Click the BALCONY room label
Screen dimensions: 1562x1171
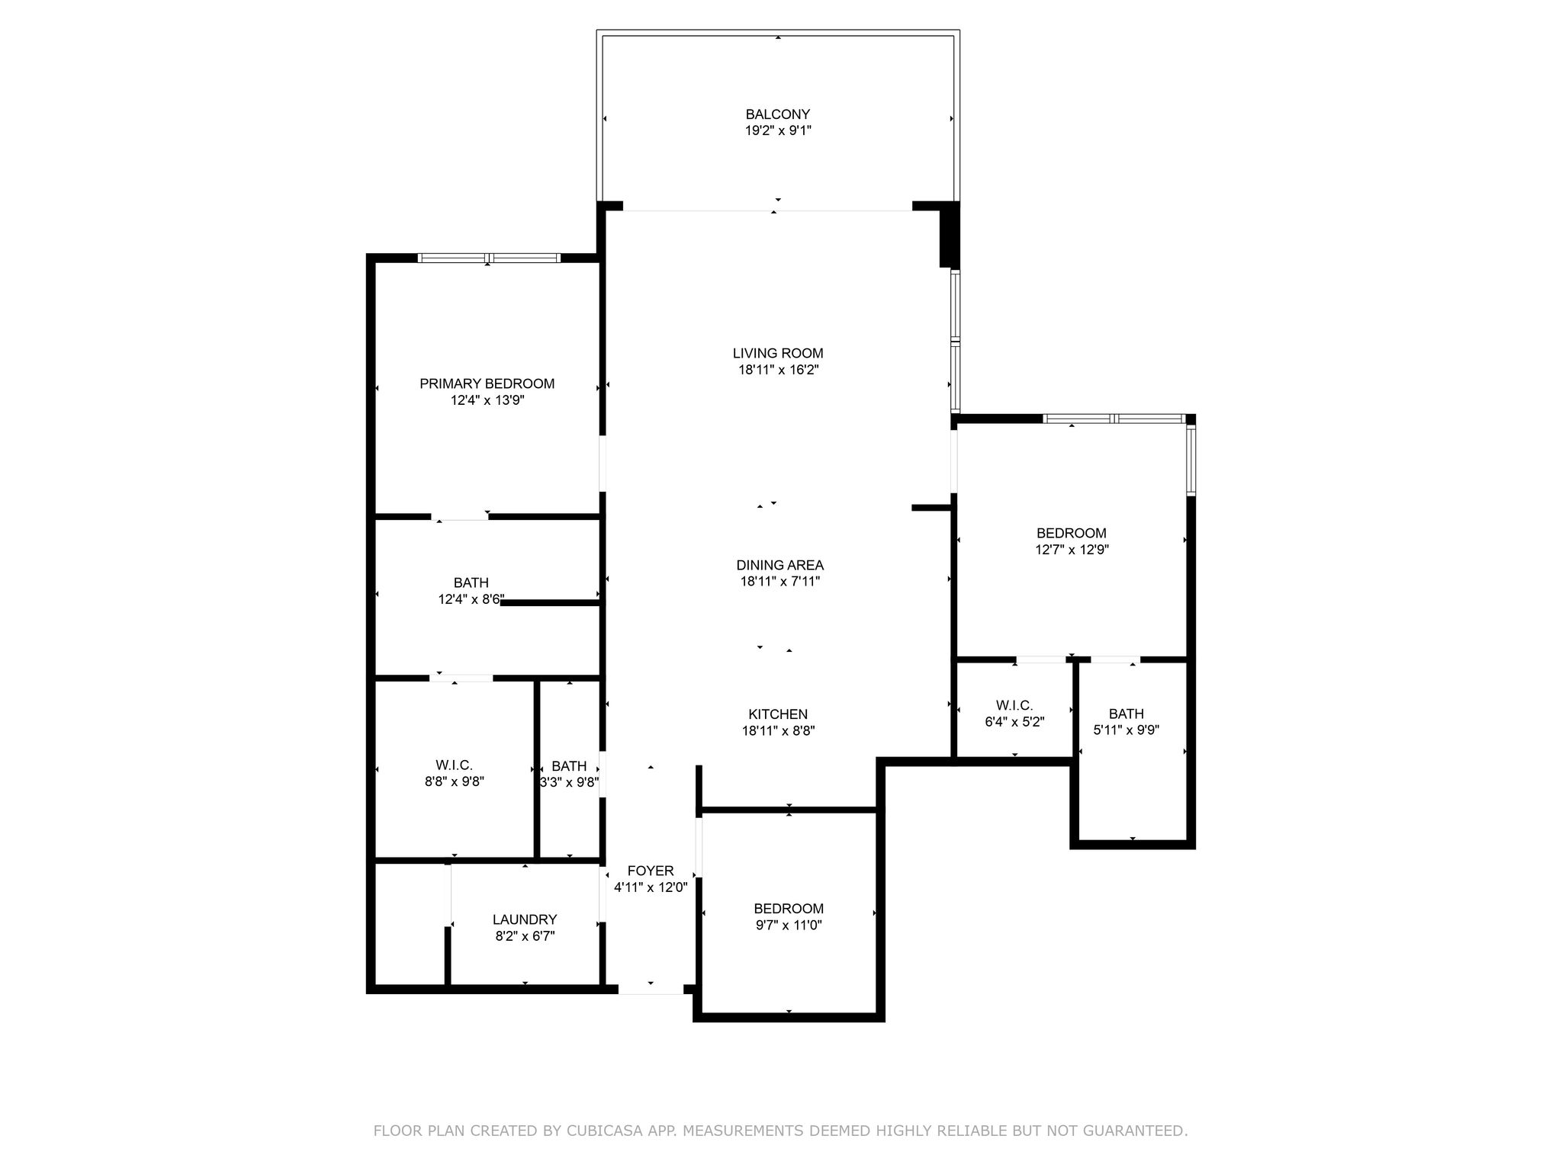click(778, 114)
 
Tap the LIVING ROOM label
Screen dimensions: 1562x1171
click(778, 353)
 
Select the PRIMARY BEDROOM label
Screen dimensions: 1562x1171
click(487, 383)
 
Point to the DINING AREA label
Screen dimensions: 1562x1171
click(779, 565)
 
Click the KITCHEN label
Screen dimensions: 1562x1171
click(778, 714)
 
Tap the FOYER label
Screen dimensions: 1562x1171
click(651, 871)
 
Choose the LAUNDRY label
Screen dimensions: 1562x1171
click(525, 919)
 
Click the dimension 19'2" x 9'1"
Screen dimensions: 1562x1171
click(778, 130)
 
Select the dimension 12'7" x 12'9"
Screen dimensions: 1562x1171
click(1072, 550)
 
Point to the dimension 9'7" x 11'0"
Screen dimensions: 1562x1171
click(789, 926)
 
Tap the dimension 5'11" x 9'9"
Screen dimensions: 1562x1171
click(1127, 730)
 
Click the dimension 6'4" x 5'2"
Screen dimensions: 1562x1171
click(1014, 722)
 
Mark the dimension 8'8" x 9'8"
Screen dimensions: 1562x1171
click(455, 781)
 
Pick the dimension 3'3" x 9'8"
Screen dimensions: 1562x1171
click(569, 782)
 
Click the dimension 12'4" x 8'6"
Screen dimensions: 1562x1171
click(471, 600)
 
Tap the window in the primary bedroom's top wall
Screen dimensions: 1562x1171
click(489, 258)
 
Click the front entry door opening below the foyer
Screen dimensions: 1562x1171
click(651, 990)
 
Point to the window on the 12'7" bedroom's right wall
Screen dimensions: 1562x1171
click(1191, 460)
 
